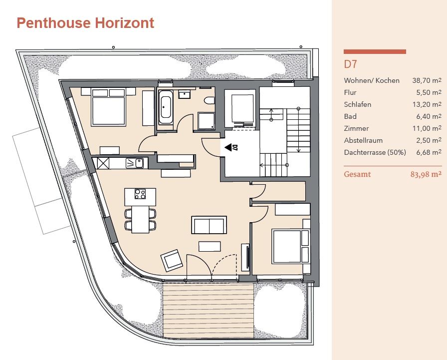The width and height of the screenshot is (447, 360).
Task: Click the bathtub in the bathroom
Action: click(x=166, y=107)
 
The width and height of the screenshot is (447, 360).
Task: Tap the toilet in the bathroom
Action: click(x=210, y=101)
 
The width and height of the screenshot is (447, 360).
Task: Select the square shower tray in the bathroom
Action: click(x=206, y=121)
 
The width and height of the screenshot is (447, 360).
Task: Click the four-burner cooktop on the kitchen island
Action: click(x=140, y=194)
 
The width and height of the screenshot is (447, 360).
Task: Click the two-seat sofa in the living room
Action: click(x=209, y=225)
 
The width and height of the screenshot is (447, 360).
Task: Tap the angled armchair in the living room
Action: click(x=172, y=260)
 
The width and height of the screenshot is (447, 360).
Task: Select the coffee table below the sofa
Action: click(x=210, y=247)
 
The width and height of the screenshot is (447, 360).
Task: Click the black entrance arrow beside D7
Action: click(x=228, y=147)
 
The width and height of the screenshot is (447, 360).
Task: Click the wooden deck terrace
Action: click(x=208, y=311)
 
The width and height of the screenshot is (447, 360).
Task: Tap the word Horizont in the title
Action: click(x=124, y=23)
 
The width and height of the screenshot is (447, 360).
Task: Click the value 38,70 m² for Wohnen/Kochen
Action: click(x=427, y=80)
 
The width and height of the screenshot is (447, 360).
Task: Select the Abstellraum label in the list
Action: click(x=363, y=140)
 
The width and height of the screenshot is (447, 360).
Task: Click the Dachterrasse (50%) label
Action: click(x=375, y=152)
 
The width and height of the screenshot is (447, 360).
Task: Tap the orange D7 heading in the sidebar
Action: click(x=350, y=64)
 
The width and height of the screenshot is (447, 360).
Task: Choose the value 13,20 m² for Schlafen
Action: click(x=427, y=104)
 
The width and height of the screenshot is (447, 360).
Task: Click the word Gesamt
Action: click(x=357, y=174)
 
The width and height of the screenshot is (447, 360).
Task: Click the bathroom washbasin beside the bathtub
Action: click(x=185, y=94)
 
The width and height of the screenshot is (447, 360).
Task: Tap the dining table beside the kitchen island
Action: click(x=141, y=219)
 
